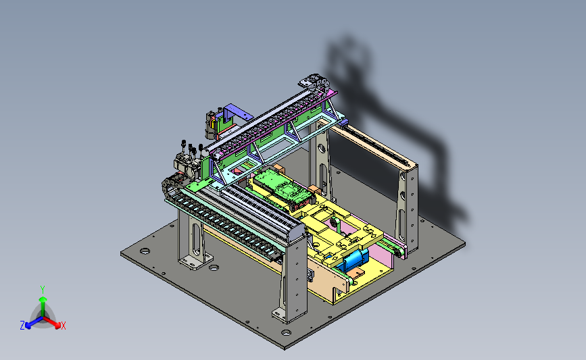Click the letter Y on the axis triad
pos(43,290)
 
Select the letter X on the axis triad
pos(63,326)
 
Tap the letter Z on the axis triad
pos(22,326)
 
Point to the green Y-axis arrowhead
pos(43,299)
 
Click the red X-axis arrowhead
pos(57,325)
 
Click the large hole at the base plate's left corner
pos(145,251)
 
